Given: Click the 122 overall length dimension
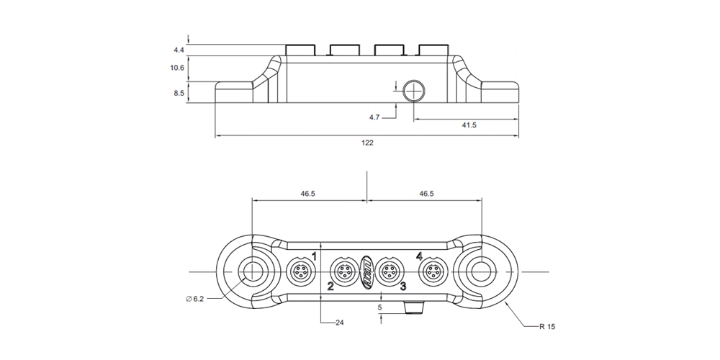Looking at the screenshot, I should (367, 143).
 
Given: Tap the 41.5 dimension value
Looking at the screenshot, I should (469, 125).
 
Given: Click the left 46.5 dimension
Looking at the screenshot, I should (308, 194).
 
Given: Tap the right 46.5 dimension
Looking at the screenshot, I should (426, 194).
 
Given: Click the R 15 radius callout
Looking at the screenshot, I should (548, 326).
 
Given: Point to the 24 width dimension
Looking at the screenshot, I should (339, 323).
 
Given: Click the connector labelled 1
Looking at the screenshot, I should (299, 272).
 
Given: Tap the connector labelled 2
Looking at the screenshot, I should (342, 272).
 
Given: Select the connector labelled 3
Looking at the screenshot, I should (390, 272).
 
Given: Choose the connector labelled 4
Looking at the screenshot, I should (433, 272).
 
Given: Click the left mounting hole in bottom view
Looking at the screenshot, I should (253, 272).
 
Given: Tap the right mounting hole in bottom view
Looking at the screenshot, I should (480, 272).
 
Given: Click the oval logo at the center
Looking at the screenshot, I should (366, 271).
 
